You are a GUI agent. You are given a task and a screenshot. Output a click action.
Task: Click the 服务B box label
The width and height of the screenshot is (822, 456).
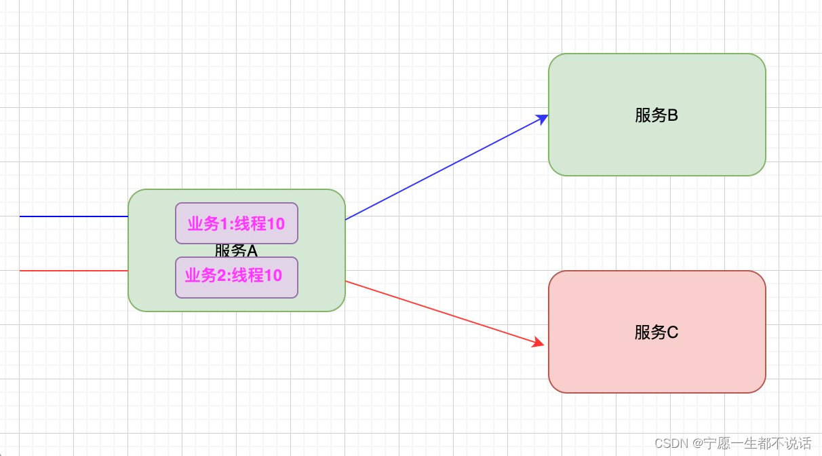point(657,115)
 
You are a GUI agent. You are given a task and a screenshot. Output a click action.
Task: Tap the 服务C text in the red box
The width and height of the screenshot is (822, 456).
point(657,332)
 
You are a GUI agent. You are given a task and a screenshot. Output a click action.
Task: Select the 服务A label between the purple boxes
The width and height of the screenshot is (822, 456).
point(237,250)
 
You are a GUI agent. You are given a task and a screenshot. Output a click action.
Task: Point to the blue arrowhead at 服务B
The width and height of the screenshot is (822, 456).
point(543,118)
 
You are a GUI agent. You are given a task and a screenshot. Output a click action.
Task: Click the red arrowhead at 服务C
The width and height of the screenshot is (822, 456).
point(539,343)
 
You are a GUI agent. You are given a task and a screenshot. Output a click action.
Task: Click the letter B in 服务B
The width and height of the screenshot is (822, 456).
point(673,115)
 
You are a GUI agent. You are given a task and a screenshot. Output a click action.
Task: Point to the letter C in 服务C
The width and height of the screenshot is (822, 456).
point(673,332)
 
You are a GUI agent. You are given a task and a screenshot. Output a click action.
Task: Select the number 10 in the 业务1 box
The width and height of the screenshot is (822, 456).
point(275,223)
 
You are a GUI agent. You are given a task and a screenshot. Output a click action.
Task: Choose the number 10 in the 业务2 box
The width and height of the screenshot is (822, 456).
point(273,275)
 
